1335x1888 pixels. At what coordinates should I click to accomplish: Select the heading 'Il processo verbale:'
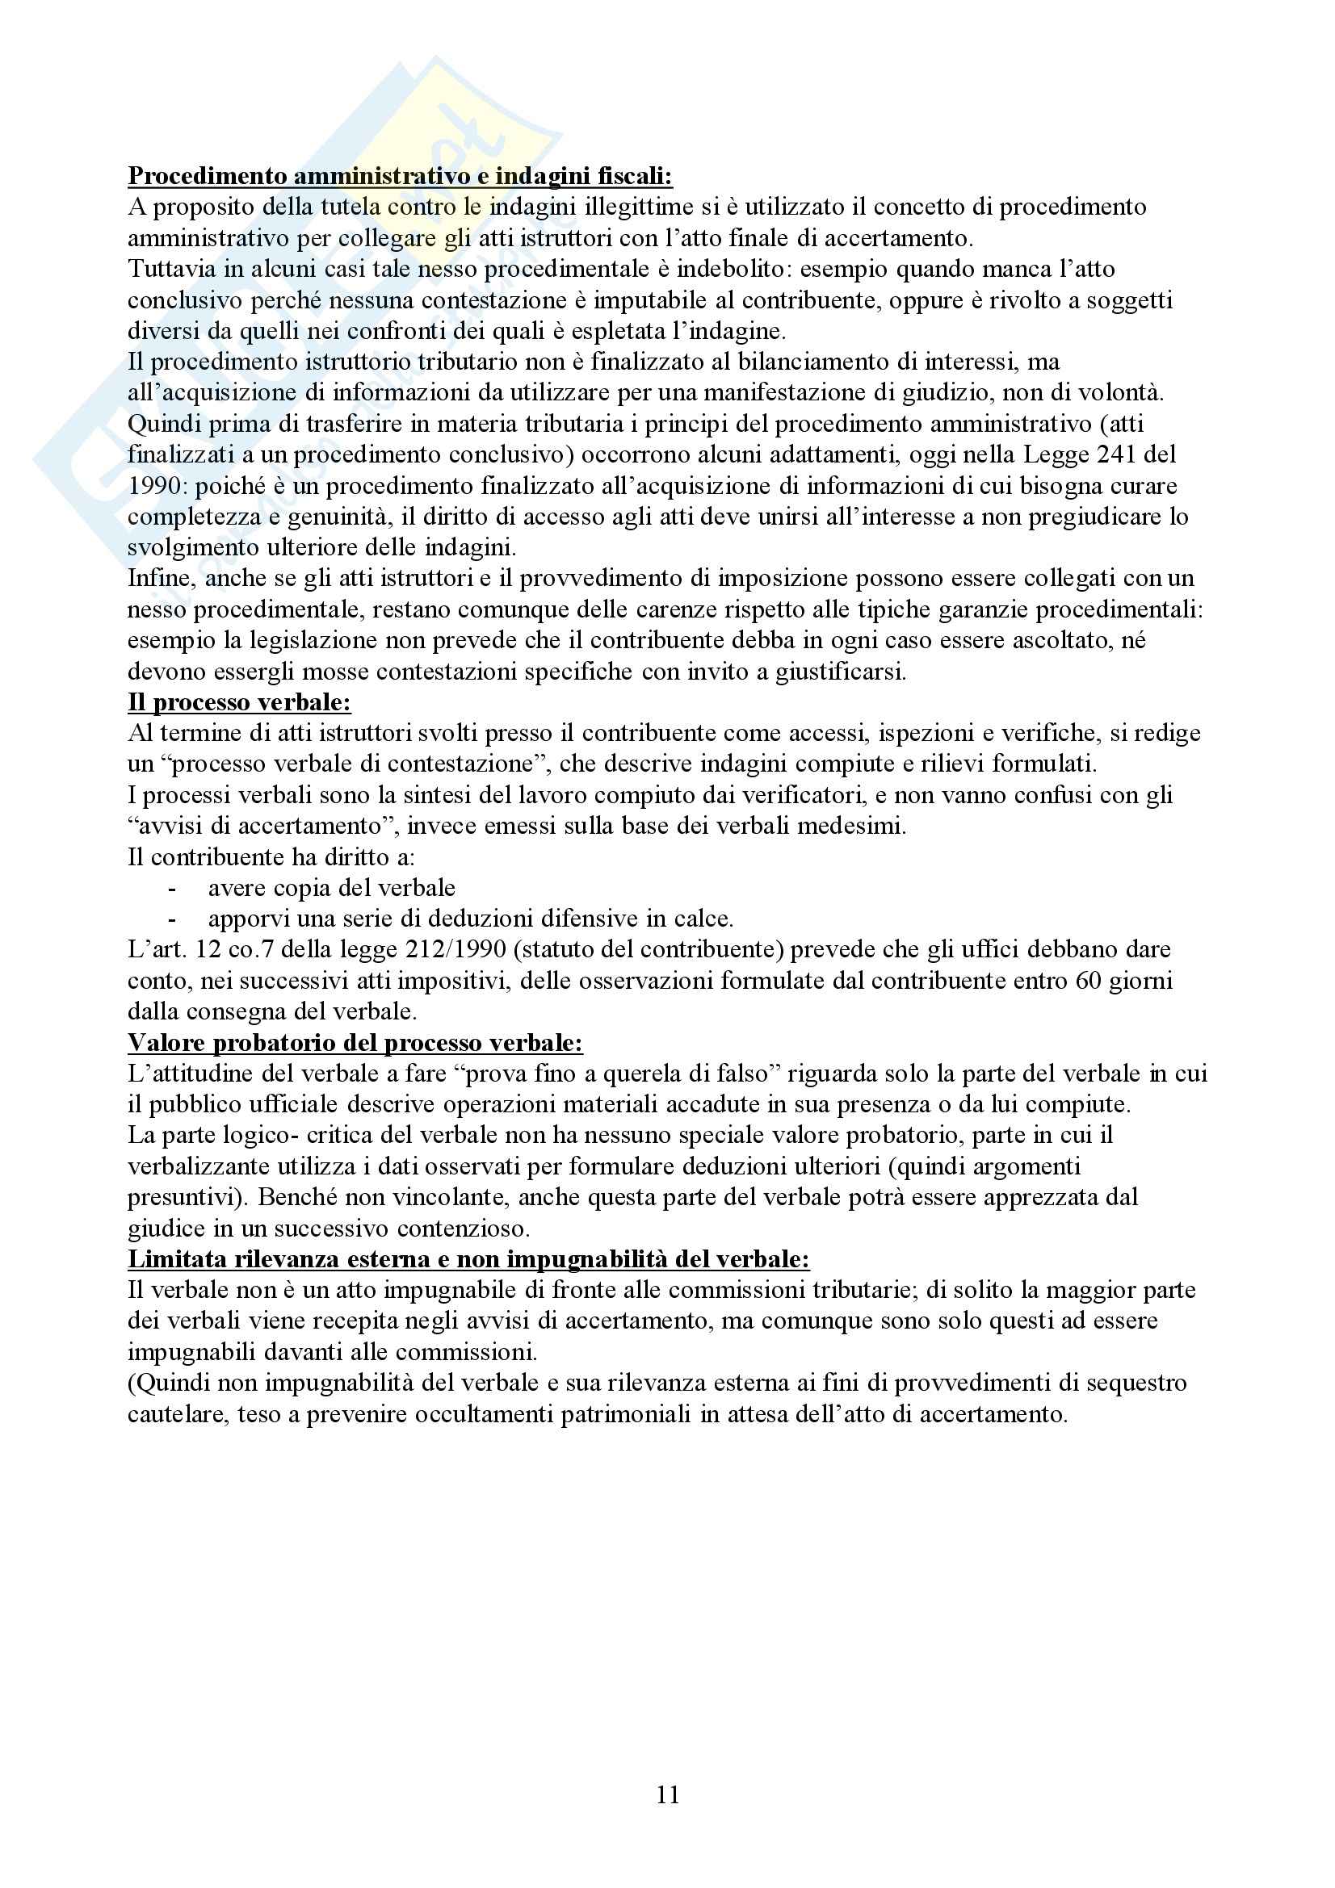[239, 702]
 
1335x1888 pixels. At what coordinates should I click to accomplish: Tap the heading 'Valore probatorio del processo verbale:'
[355, 1043]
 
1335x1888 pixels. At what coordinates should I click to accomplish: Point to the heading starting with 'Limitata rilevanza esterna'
[469, 1259]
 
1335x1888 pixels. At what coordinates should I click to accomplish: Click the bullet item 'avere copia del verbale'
[331, 888]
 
